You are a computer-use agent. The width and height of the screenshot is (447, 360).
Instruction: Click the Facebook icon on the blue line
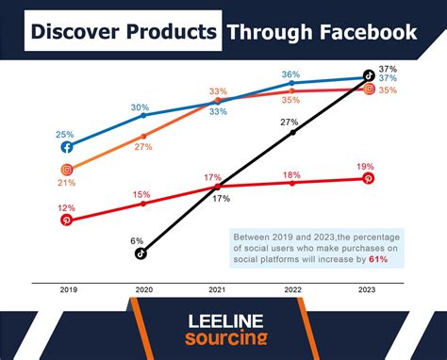tap(67, 147)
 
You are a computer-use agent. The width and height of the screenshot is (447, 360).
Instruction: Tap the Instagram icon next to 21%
tap(67, 170)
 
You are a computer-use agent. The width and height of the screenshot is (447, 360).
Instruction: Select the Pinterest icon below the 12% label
tap(67, 220)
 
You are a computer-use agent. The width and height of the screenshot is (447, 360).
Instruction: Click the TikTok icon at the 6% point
tap(140, 253)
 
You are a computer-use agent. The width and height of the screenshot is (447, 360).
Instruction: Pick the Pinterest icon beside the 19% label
tap(369, 178)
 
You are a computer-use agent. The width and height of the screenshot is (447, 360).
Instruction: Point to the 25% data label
tap(65, 134)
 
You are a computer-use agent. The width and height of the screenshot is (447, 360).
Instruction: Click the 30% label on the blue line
tap(140, 106)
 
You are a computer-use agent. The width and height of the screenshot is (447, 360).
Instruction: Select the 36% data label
tap(291, 74)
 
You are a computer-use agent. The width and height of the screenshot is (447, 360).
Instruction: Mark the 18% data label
tap(291, 174)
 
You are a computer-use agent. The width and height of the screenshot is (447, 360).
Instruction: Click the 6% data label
tap(138, 240)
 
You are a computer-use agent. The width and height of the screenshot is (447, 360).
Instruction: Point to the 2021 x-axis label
tap(217, 291)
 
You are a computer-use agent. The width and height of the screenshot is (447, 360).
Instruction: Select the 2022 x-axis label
tap(293, 291)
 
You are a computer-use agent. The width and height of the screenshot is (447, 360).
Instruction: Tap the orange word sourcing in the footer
tap(224, 338)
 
